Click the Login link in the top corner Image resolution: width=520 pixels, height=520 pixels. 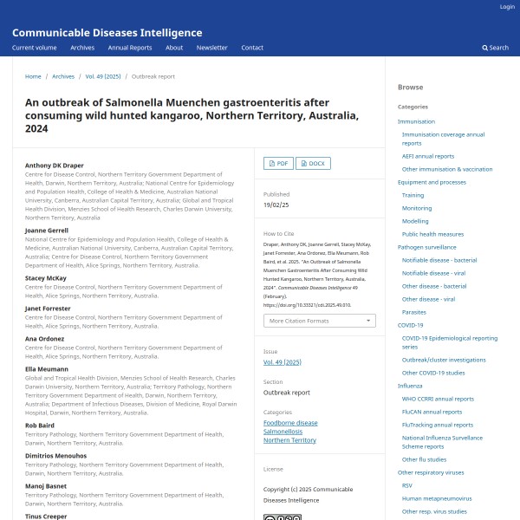pos(507,7)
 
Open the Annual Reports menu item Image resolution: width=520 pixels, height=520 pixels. pos(129,48)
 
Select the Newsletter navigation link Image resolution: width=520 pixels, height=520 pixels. pos(211,48)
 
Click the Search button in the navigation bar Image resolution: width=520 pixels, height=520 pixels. pos(496,48)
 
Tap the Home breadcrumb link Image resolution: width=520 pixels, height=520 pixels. pos(33,76)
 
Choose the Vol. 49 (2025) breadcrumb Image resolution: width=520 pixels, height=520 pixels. pos(102,76)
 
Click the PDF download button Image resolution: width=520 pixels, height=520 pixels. pos(277,163)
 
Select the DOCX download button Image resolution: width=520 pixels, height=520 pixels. pos(313,163)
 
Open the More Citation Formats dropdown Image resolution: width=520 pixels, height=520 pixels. pos(319,321)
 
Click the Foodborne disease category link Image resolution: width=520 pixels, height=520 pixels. pos(290,423)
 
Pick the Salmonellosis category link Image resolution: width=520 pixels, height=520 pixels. pos(285,432)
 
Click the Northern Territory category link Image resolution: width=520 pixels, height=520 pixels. pos(289,440)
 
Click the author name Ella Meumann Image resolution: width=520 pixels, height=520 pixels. pos(47,369)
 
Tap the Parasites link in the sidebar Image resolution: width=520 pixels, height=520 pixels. pos(413,312)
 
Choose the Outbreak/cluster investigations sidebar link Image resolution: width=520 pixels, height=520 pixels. pos(444,360)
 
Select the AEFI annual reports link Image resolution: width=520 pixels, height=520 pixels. pos(427,156)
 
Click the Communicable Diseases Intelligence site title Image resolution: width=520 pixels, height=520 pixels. pos(107,32)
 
